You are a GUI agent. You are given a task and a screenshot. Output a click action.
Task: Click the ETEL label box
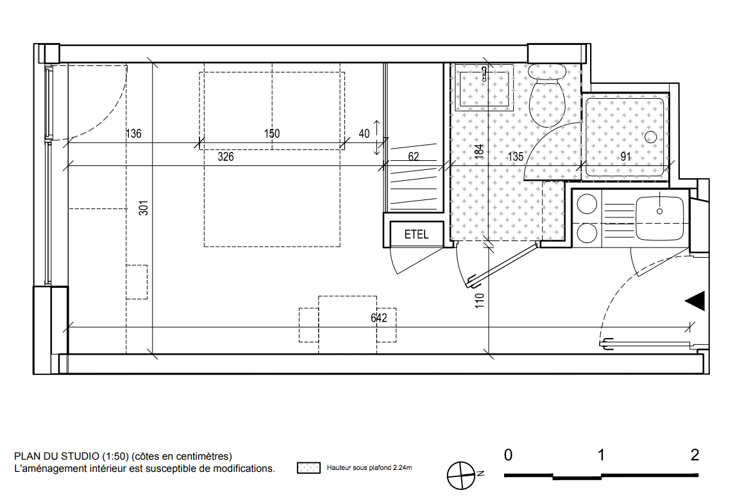point(416,234)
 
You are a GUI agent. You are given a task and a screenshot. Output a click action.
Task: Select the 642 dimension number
point(379,318)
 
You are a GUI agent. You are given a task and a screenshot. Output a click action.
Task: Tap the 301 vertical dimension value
point(144,208)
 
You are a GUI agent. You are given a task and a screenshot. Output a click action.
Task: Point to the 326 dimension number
point(226,156)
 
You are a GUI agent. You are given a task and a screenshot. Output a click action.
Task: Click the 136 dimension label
point(133,133)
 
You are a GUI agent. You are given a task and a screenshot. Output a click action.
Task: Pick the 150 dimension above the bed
point(271,133)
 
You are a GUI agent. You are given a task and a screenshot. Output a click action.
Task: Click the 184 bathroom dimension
point(478,151)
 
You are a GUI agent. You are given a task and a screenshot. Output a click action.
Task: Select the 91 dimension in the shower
point(625,156)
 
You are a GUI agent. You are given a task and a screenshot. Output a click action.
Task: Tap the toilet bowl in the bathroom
point(546,96)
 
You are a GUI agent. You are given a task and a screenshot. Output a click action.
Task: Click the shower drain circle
point(650,137)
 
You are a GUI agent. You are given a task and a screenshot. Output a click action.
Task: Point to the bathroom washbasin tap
point(485,73)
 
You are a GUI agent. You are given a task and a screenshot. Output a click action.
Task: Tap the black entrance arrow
point(695,301)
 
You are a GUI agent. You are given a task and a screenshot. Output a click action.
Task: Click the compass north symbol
point(461,476)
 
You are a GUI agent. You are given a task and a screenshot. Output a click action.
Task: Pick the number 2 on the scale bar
point(694,455)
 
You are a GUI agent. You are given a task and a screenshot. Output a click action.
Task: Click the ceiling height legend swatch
point(308,468)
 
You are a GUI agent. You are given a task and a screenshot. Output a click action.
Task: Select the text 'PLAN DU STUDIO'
point(56,456)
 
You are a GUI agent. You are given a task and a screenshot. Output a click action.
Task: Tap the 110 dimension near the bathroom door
point(478,301)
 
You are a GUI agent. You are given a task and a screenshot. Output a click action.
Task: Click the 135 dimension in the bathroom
point(515,156)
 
